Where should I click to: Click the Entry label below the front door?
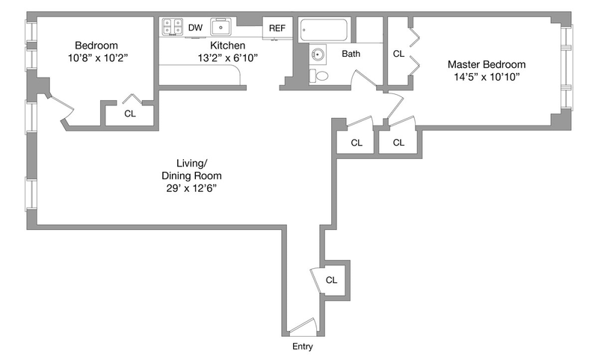point(303,347)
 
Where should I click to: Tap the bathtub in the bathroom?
point(324,31)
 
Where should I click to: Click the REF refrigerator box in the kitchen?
point(277,28)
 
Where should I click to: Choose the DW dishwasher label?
point(195,28)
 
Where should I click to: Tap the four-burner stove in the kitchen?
point(173,27)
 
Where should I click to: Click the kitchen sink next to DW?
point(221,28)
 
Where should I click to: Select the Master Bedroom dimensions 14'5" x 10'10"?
point(487,78)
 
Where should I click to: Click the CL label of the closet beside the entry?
point(332,280)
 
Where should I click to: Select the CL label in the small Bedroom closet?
point(130,114)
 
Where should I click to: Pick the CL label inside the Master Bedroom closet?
point(398,54)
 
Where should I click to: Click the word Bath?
point(351,54)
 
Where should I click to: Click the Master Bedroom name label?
point(487,64)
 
